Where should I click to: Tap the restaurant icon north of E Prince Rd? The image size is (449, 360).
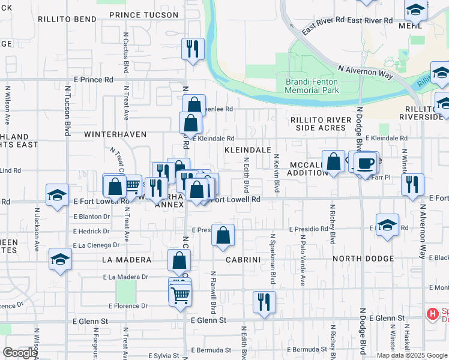(x=193, y=49)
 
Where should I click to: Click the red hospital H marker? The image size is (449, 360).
(x=432, y=314)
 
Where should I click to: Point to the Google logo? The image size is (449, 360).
(x=20, y=353)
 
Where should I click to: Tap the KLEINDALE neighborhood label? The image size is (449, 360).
(x=248, y=149)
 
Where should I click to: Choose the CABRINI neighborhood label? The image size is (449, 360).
(x=243, y=260)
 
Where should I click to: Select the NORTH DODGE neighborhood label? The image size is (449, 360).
(x=364, y=259)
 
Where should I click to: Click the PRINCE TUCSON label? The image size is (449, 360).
(x=143, y=14)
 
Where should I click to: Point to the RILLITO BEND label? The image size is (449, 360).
(x=67, y=19)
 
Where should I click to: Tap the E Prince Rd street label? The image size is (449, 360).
(x=93, y=79)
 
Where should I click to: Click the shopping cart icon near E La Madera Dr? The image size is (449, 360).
(x=180, y=294)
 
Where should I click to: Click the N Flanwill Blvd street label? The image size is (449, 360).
(x=213, y=292)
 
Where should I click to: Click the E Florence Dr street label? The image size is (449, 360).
(x=128, y=306)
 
